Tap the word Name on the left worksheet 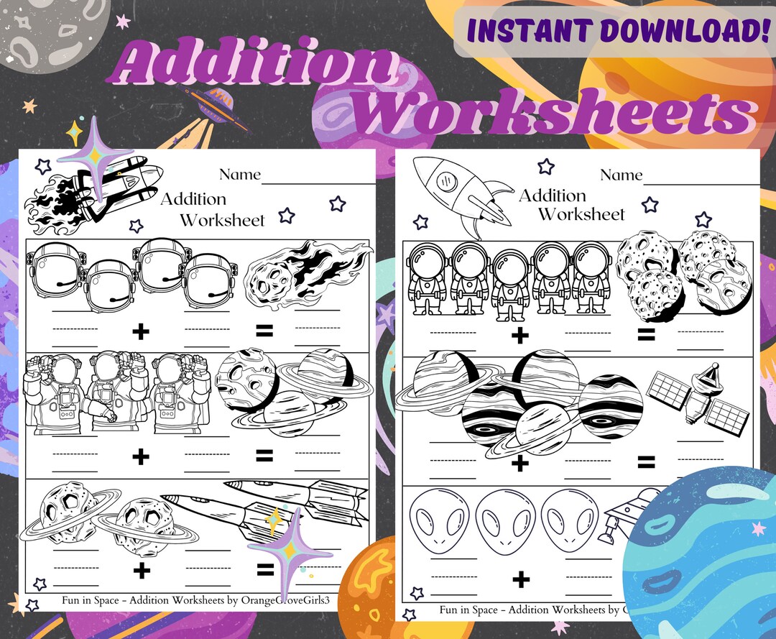tap(239, 175)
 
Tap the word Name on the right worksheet tap(621, 175)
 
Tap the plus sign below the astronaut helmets tap(141, 331)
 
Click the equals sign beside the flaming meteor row tap(264, 331)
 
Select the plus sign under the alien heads tap(521, 579)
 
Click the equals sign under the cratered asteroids tap(646, 334)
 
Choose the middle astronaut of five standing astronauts tap(510, 285)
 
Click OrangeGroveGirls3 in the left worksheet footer tap(283, 600)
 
